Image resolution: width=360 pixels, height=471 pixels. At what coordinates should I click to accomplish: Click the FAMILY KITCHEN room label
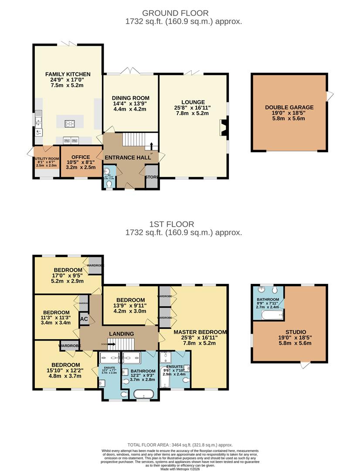click(x=68, y=74)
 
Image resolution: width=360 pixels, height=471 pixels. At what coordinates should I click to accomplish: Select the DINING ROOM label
click(x=131, y=98)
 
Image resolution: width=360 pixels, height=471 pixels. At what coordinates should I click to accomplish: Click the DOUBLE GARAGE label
click(x=289, y=107)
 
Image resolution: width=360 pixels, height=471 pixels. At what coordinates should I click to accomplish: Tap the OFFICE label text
click(x=81, y=157)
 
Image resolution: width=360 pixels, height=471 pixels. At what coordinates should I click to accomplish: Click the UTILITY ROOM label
click(x=47, y=159)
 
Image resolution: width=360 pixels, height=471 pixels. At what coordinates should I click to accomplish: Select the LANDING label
click(x=121, y=334)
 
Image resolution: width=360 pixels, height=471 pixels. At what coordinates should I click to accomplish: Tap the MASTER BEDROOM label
click(x=200, y=331)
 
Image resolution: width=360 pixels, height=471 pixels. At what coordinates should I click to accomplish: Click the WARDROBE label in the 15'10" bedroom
click(x=71, y=346)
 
